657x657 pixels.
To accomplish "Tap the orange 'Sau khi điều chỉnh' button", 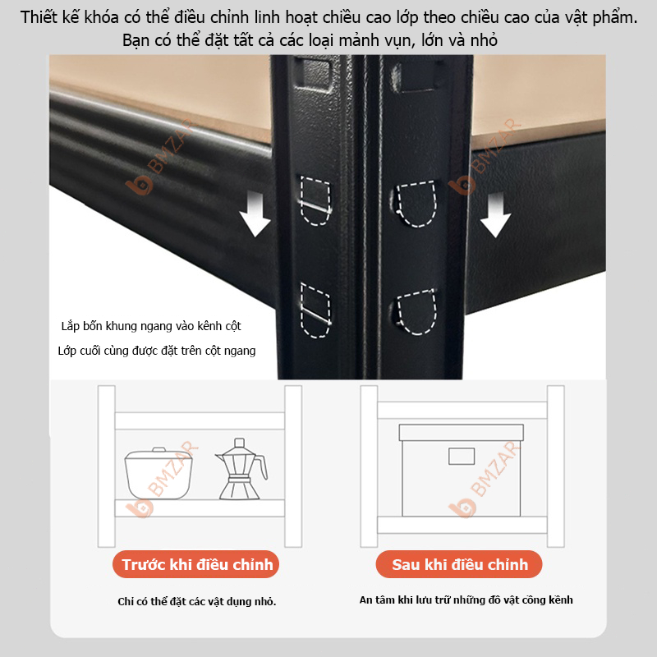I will [460, 565].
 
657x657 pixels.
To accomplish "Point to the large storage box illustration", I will [461, 470].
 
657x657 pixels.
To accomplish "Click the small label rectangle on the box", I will [461, 457].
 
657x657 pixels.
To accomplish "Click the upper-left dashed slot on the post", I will [315, 200].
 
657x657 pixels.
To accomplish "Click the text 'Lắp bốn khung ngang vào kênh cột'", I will [151, 326].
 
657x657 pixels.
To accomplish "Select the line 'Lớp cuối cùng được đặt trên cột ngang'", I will [157, 351].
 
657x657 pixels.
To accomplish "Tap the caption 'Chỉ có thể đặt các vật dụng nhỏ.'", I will [197, 602].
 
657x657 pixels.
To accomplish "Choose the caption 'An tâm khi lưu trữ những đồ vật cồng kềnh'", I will [466, 600].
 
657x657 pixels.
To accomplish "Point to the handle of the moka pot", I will [261, 468].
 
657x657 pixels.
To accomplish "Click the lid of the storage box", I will [461, 433].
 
